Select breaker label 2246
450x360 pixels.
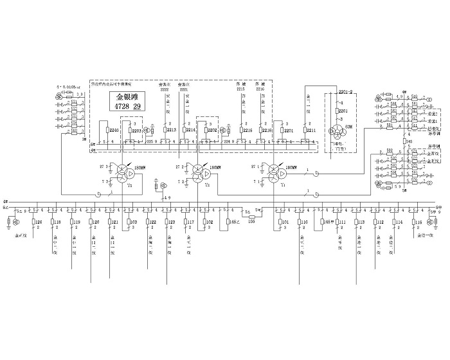click(x=114, y=130)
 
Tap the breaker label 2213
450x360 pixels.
click(x=171, y=130)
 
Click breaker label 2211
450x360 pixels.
click(x=311, y=130)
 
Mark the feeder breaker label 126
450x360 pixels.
click(x=39, y=222)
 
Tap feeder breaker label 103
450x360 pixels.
click(x=134, y=222)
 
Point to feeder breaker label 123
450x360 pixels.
click(x=172, y=222)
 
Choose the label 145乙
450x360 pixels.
click(x=233, y=222)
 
